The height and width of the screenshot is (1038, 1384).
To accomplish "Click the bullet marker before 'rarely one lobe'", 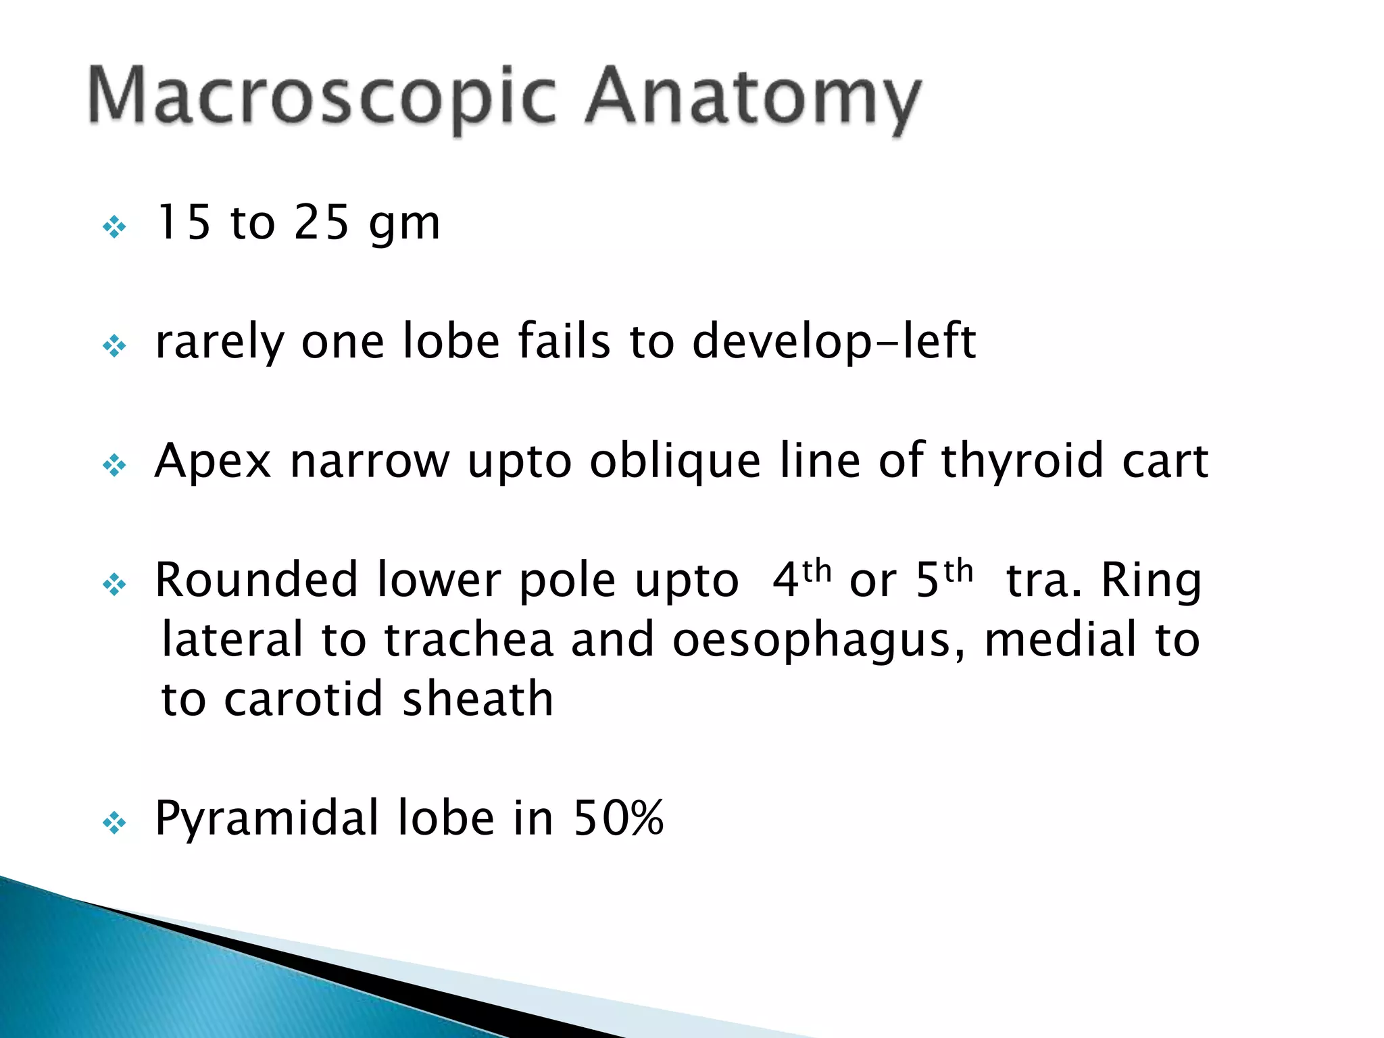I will (x=114, y=346).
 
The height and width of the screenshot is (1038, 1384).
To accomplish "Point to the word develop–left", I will (x=833, y=343).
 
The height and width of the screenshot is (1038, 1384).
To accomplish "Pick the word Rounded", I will (x=256, y=580).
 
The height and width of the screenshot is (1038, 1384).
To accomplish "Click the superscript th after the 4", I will (x=816, y=571).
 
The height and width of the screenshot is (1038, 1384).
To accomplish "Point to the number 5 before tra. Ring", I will (x=927, y=580).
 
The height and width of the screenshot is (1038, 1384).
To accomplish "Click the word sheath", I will (x=478, y=699).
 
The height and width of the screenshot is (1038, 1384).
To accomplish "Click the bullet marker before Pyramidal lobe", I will (x=114, y=823).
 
